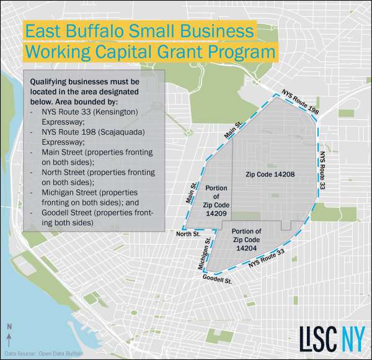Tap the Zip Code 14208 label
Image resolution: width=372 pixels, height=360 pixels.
269,174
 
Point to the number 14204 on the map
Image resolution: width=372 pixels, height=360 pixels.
246,247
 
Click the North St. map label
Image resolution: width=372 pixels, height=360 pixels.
187,233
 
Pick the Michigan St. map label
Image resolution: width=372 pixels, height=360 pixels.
204,253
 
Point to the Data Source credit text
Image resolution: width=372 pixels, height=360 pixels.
42,353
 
